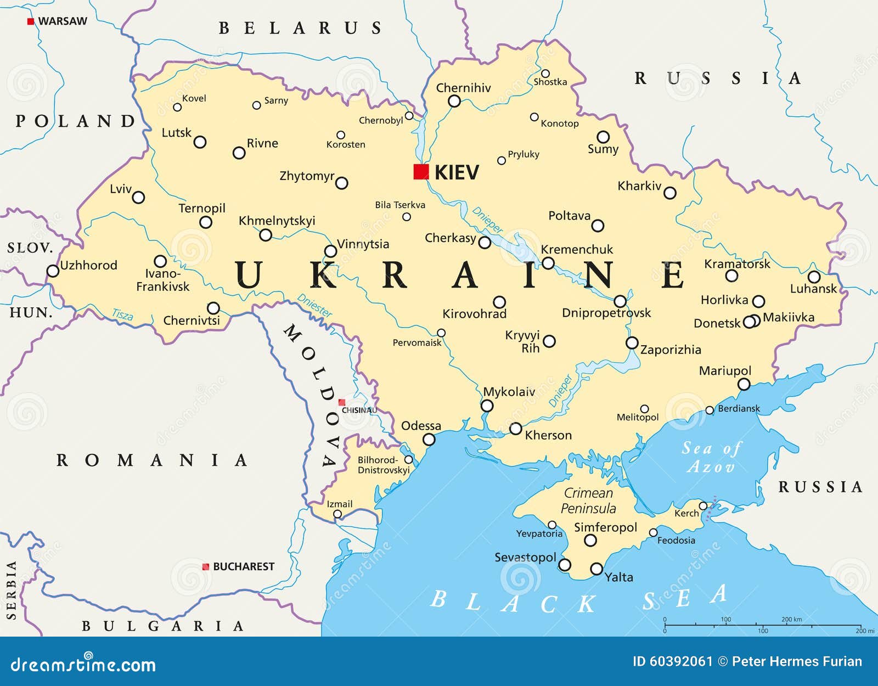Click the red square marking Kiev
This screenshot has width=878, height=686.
click(x=421, y=172)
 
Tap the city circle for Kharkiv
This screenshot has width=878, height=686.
click(x=669, y=193)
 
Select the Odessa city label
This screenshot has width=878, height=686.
click(x=421, y=426)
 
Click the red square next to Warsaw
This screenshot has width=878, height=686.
click(x=31, y=21)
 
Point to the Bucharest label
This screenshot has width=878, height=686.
click(x=243, y=566)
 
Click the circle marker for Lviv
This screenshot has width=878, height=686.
click(x=138, y=197)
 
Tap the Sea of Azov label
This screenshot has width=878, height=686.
click(x=711, y=457)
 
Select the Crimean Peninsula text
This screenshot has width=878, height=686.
click(x=588, y=501)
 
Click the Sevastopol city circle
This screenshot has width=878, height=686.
click(x=564, y=565)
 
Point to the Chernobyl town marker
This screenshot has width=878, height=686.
click(x=409, y=116)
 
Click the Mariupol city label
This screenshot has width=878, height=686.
click(x=724, y=371)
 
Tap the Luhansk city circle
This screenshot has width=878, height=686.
click(x=814, y=277)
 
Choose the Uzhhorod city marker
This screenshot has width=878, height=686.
click(x=53, y=271)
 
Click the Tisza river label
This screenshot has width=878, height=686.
click(x=122, y=314)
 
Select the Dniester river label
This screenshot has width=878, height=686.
click(x=314, y=306)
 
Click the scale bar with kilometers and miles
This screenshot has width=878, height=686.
click(x=763, y=625)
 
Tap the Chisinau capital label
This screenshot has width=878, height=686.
click(x=359, y=410)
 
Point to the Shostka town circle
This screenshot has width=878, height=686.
click(x=545, y=74)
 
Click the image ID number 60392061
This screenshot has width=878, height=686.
click(x=680, y=661)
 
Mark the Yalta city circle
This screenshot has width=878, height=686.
click(x=596, y=569)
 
